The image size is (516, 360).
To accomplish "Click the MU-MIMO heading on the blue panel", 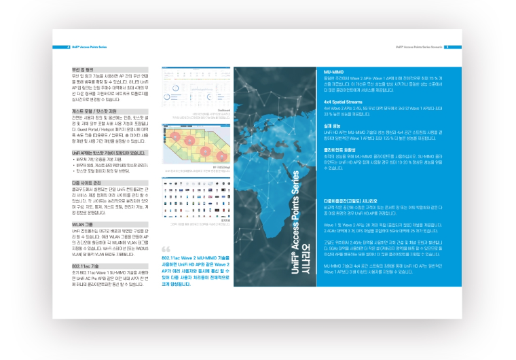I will coord(333,71).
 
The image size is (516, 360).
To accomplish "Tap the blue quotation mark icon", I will coord(166,249).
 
